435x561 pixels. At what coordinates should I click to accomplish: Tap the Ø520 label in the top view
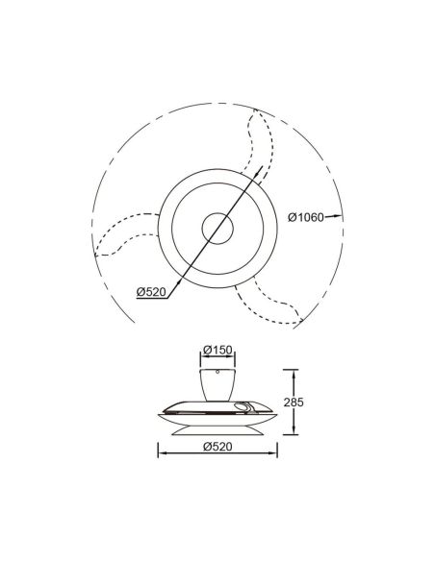(x=151, y=293)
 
